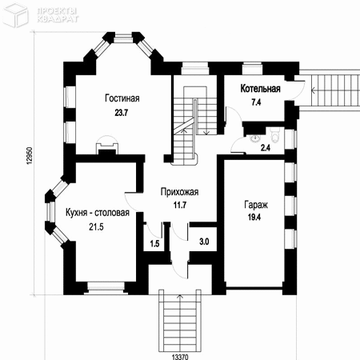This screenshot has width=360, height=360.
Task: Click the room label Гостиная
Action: [x=122, y=98]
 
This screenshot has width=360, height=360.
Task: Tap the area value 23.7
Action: [x=122, y=113]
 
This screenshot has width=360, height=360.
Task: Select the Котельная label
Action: [x=260, y=89]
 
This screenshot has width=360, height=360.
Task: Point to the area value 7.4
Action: [x=256, y=102]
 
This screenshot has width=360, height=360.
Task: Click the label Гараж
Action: [x=256, y=205]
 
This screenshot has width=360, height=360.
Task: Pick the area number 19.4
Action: [x=254, y=217]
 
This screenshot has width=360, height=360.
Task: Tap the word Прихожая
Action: [x=179, y=192]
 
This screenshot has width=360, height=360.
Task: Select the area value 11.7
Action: [x=180, y=205]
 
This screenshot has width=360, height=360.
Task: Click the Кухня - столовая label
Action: [x=98, y=213]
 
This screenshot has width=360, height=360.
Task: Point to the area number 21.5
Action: [x=96, y=227]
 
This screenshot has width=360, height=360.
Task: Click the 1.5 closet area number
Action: [x=154, y=243]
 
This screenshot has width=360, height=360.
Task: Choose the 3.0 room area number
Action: [x=204, y=242]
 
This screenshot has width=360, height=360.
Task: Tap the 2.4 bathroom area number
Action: [x=266, y=147]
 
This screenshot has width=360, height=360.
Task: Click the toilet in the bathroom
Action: [x=274, y=135]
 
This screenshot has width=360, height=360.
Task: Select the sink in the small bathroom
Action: [x=255, y=138]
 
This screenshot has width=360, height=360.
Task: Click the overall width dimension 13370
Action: [x=180, y=357]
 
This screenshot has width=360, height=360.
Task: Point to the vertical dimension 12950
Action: [x=30, y=155]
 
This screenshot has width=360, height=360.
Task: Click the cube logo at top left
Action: [x=16, y=15]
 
